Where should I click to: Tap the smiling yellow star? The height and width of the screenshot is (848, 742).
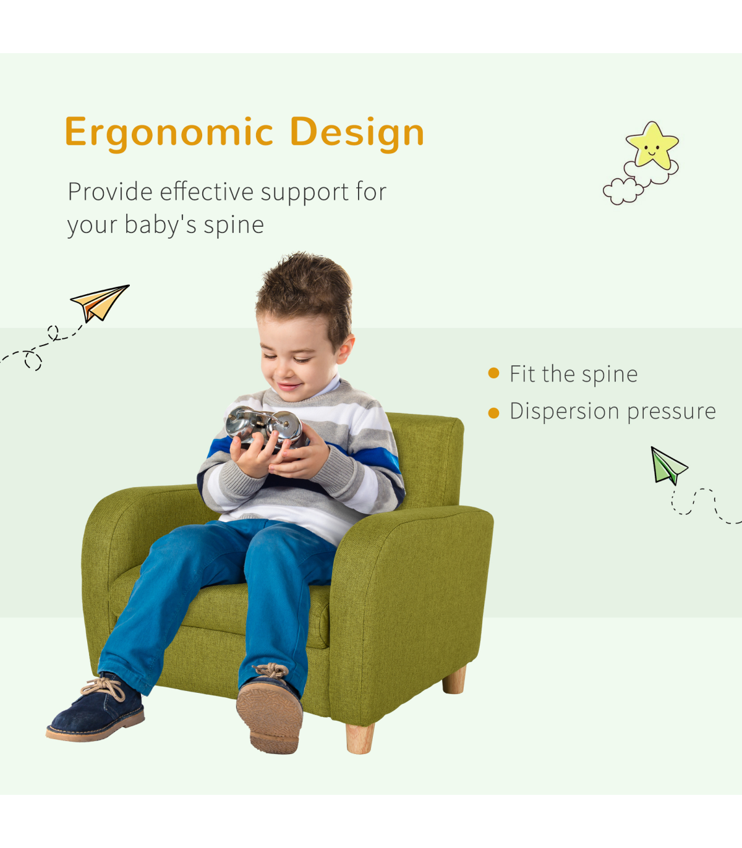[652, 145]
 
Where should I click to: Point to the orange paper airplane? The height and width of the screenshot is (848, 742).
[100, 303]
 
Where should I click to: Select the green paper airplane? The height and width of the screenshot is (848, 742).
[667, 466]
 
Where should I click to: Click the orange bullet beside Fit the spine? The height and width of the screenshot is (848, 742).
[493, 373]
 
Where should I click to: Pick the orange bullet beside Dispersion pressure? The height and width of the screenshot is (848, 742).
[493, 413]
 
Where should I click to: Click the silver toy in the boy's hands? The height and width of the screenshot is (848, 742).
[265, 427]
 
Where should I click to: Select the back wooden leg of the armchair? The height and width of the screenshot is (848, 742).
[454, 680]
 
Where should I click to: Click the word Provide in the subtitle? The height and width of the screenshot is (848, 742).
[110, 192]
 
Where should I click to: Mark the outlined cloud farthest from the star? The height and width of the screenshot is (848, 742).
[623, 191]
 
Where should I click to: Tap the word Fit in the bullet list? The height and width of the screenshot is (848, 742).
[522, 374]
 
